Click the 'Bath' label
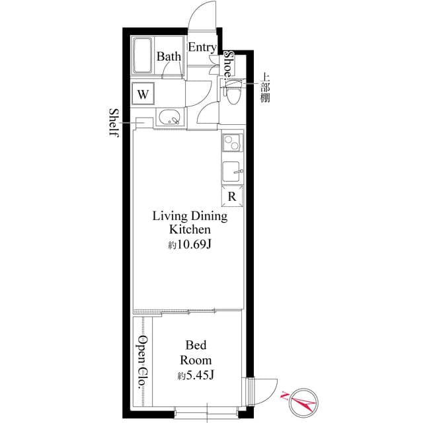[x=169, y=57]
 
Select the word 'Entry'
[x=202, y=47]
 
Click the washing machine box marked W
[x=143, y=94]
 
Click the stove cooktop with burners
[x=232, y=143]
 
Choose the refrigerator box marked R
[x=232, y=196]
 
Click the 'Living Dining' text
[x=190, y=216]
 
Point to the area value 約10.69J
[x=190, y=245]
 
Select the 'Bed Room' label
[x=198, y=353]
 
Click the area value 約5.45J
[x=196, y=376]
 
